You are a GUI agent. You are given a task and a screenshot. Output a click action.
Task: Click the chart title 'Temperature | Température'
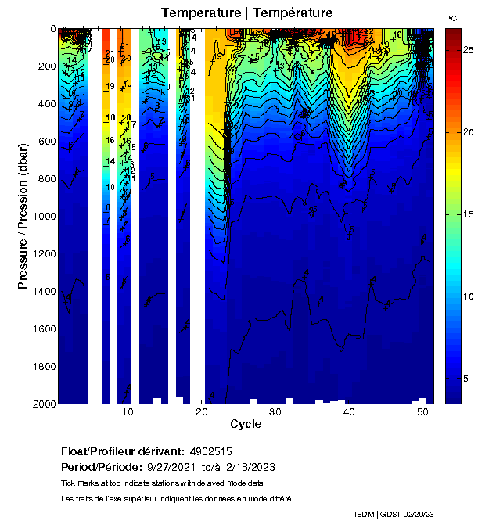[246, 13]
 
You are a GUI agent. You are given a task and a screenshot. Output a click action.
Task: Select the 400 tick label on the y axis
[45, 103]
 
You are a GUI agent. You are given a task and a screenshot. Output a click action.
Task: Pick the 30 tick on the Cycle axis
[275, 412]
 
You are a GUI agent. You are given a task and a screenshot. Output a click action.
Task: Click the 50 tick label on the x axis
[422, 412]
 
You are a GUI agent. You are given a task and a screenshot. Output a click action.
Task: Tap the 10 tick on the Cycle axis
[128, 412]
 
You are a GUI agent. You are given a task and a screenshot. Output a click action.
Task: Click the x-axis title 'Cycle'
[241, 424]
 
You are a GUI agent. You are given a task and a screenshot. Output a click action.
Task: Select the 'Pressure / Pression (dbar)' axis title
[23, 216]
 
